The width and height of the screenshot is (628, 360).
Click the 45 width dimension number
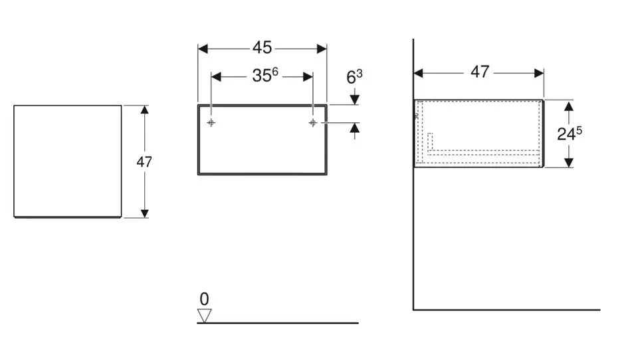[262, 48]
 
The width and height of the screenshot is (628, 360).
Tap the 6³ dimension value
[354, 77]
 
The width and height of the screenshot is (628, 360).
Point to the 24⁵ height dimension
[570, 133]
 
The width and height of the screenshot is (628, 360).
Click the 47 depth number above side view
[480, 72]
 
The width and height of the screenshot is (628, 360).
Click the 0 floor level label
[204, 299]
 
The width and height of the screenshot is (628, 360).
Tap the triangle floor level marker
[204, 315]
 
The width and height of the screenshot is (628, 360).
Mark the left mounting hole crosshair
[211, 123]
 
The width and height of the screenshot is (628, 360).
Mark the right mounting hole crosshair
[312, 123]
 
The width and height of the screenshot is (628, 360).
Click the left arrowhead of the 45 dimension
[203, 48]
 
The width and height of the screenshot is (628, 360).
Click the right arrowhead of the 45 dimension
[322, 48]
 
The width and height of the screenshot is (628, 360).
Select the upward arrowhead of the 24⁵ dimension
[569, 106]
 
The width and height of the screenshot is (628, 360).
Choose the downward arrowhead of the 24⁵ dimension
[569, 161]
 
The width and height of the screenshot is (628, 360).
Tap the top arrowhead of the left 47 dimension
[144, 110]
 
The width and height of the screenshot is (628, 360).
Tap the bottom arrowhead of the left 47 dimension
[144, 212]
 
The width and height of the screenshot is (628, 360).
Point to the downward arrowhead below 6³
[354, 99]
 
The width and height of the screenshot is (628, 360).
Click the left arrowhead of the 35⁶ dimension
[215, 76]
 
